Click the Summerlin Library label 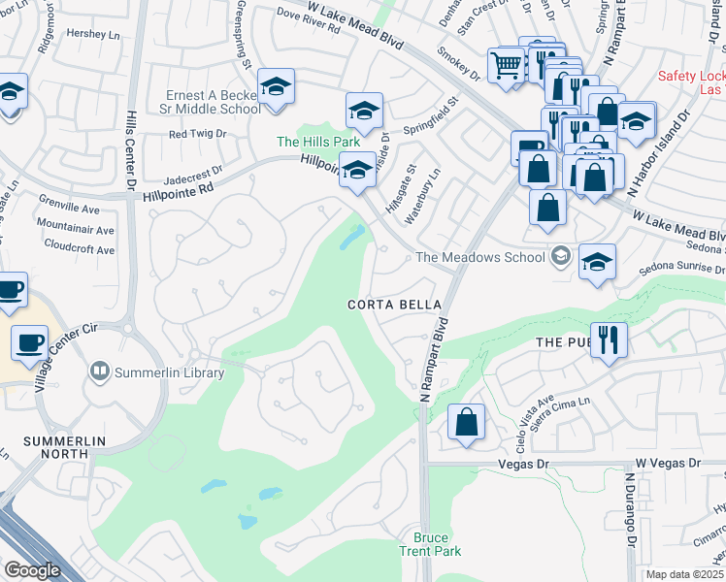(x=170, y=372)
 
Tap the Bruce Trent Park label (x=430, y=544)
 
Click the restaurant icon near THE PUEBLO (x=609, y=339)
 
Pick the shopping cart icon (x=507, y=66)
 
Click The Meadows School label (x=481, y=257)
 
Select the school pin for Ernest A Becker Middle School (x=277, y=88)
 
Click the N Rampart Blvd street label (x=434, y=359)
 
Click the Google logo (x=32, y=570)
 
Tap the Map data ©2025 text (x=684, y=574)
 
